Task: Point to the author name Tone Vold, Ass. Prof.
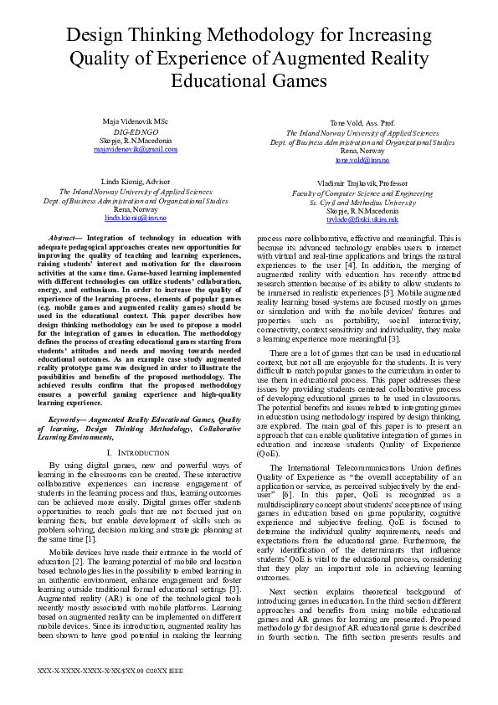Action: (x=362, y=123)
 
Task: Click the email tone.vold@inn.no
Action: (x=362, y=159)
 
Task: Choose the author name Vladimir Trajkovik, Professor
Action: (x=362, y=183)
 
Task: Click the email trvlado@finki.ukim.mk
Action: (x=362, y=219)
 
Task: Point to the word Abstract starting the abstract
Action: (x=62, y=239)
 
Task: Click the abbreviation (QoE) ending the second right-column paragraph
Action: (x=268, y=451)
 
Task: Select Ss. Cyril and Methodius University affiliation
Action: (x=362, y=202)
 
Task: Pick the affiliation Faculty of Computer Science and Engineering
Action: (x=362, y=193)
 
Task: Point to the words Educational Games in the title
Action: (x=249, y=80)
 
